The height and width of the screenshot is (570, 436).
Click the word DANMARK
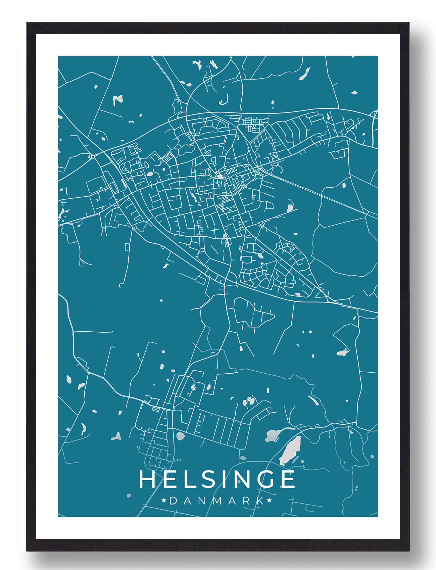click(x=216, y=501)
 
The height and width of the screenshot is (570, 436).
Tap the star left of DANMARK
click(x=164, y=501)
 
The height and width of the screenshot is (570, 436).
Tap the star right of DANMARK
click(x=269, y=501)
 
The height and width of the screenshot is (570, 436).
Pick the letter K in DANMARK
click(x=260, y=501)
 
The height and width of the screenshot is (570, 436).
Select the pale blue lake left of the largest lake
click(x=273, y=436)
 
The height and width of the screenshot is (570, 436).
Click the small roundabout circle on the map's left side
click(x=93, y=156)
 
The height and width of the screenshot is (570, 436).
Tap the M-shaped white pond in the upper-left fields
click(x=117, y=99)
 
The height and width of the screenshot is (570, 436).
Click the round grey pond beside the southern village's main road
click(x=180, y=436)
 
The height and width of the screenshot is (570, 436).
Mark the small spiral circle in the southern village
click(x=193, y=387)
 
